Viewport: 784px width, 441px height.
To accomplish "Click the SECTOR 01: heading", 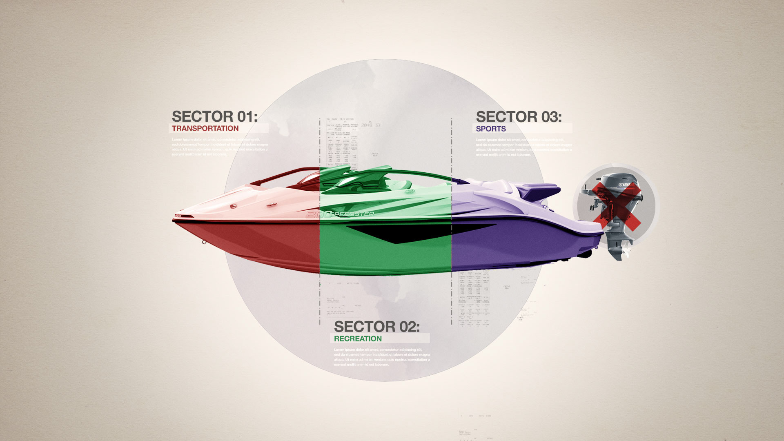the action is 214,116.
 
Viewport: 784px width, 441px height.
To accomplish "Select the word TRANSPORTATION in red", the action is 205,128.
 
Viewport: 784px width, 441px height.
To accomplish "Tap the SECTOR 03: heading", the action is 519,117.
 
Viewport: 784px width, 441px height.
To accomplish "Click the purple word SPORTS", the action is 491,129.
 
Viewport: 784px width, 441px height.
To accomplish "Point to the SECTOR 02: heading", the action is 376,327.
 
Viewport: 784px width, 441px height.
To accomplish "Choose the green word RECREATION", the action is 358,339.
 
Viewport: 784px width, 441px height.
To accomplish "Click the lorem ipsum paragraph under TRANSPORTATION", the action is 220,147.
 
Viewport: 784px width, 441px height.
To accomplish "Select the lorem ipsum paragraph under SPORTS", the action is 523,147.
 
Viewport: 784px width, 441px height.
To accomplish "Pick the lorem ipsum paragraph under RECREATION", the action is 382,357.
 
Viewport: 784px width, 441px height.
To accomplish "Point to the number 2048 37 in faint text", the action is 370,125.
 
